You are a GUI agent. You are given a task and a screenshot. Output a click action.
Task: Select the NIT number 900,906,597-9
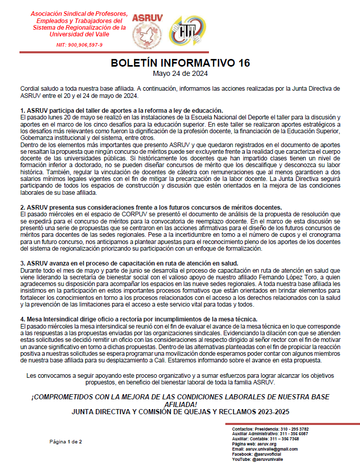79,45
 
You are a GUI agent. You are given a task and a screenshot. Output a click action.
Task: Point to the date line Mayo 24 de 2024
180,73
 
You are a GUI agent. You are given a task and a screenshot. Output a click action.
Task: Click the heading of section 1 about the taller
121,111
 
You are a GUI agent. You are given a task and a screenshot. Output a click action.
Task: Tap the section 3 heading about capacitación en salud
129,263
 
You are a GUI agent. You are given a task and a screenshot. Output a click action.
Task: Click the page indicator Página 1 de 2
66,441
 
